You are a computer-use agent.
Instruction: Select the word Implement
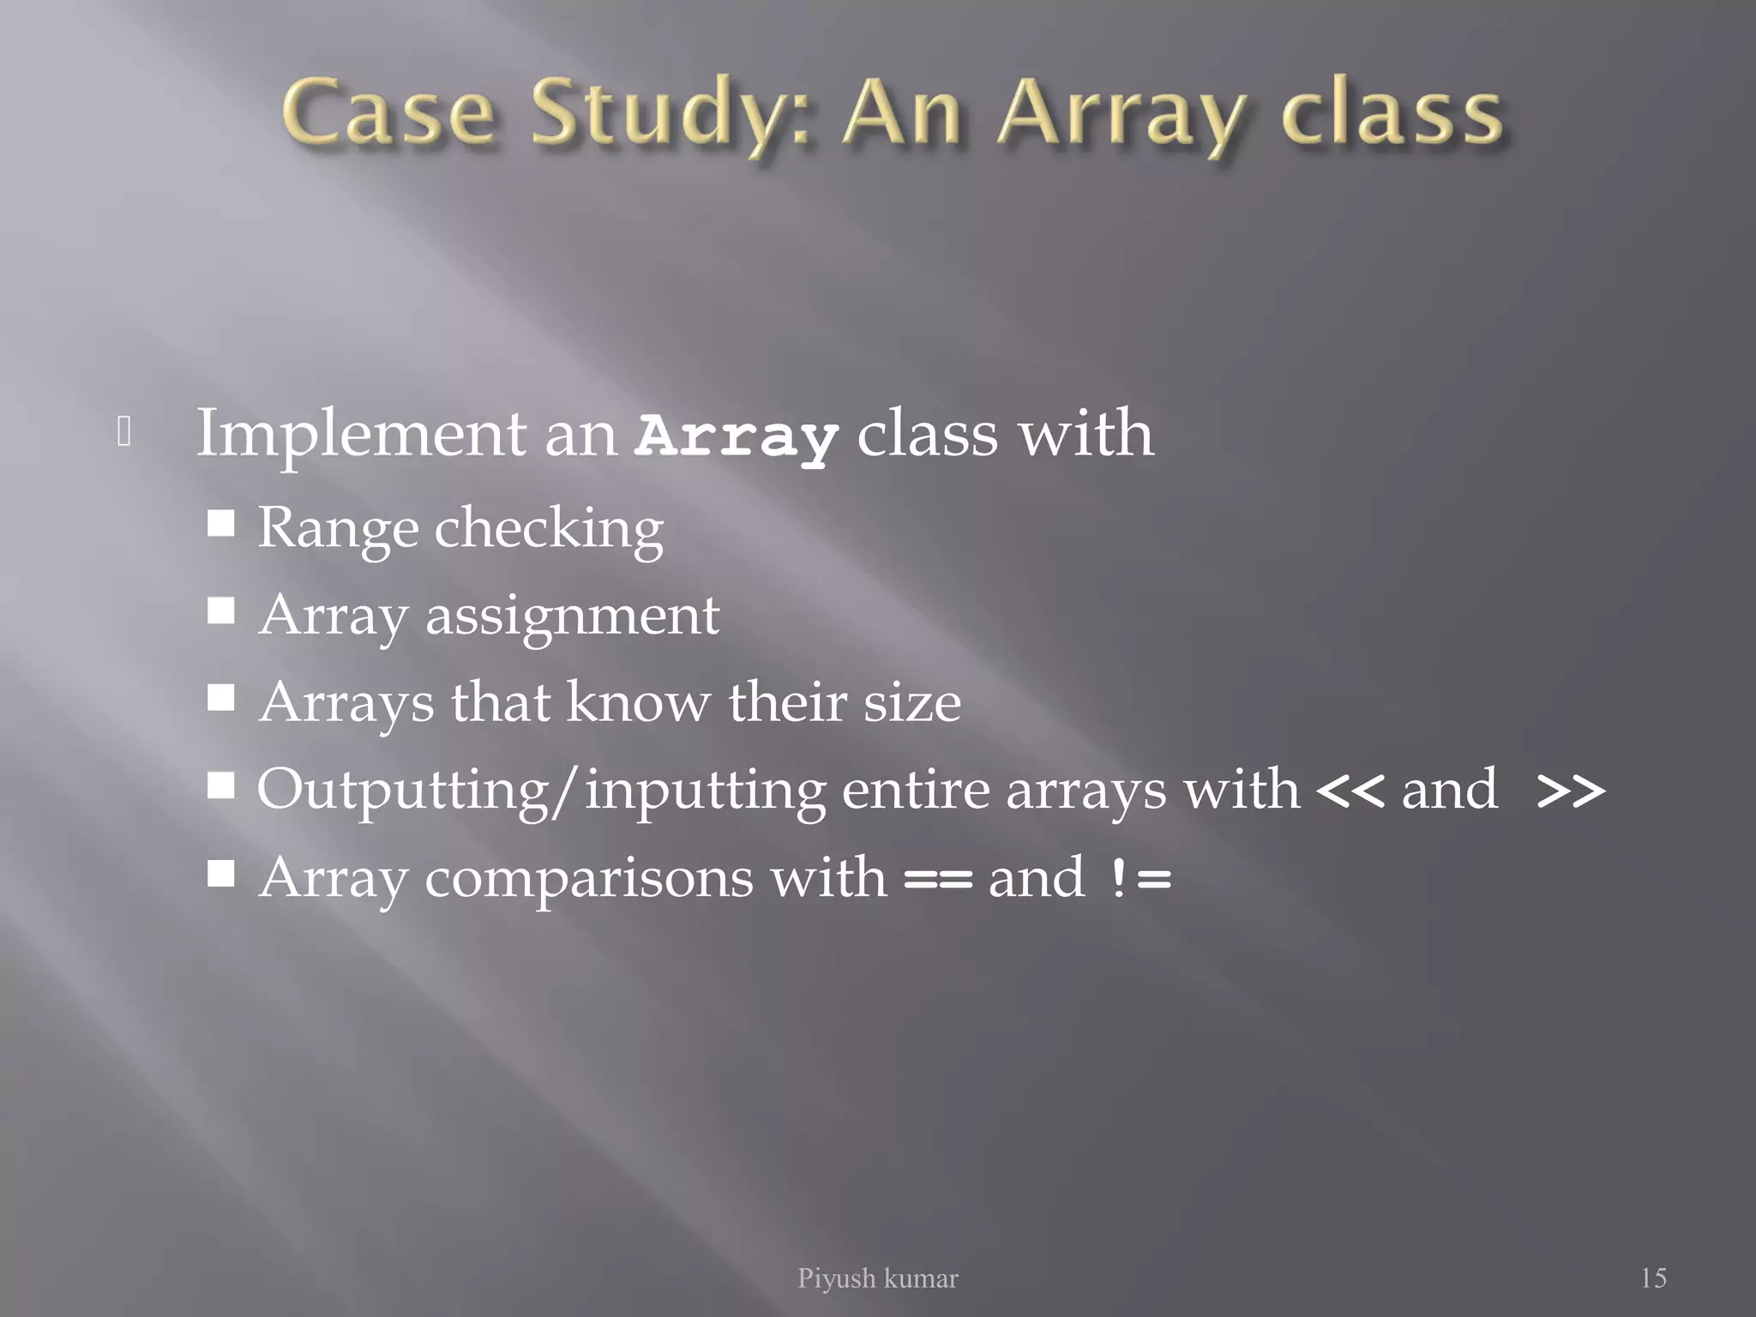click(x=361, y=434)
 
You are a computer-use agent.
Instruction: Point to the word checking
click(x=549, y=529)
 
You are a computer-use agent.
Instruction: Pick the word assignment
click(x=572, y=616)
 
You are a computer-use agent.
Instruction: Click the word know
click(x=638, y=702)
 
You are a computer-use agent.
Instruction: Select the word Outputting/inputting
click(x=541, y=790)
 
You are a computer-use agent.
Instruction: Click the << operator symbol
click(x=1349, y=791)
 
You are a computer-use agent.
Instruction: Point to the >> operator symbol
click(x=1571, y=791)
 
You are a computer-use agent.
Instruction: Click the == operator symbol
click(x=938, y=878)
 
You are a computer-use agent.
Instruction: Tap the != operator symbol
click(x=1139, y=878)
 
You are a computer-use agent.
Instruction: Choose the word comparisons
click(x=655, y=879)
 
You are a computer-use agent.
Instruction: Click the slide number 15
click(x=1653, y=1278)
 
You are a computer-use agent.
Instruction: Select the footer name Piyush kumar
click(x=877, y=1278)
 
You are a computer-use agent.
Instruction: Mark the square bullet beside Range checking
click(x=221, y=522)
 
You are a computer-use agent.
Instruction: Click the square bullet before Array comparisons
click(x=221, y=874)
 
